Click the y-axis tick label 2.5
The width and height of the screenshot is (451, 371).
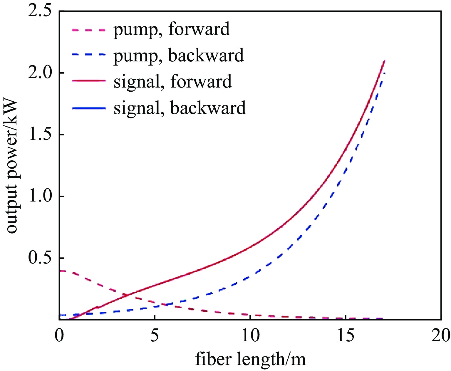pos(39,12)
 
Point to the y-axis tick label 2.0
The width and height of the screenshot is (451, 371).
pos(39,73)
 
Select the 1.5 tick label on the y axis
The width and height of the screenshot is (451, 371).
pos(39,135)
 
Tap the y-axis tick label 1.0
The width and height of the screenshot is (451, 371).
pos(39,197)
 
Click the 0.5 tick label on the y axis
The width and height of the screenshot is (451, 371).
pos(39,258)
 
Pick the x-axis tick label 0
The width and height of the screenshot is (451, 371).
pos(59,335)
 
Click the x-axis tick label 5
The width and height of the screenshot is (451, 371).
pos(155,335)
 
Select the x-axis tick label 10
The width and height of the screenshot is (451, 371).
pos(250,335)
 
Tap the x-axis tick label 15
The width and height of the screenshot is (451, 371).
pos(346,335)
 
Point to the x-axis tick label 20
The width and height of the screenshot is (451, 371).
pos(441,335)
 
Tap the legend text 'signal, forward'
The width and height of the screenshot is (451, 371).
pos(173,82)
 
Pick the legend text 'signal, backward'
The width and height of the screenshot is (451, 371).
pos(180,108)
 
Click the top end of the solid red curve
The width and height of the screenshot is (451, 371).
pos(384,61)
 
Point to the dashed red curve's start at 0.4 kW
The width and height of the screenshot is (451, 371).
pos(60,271)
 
